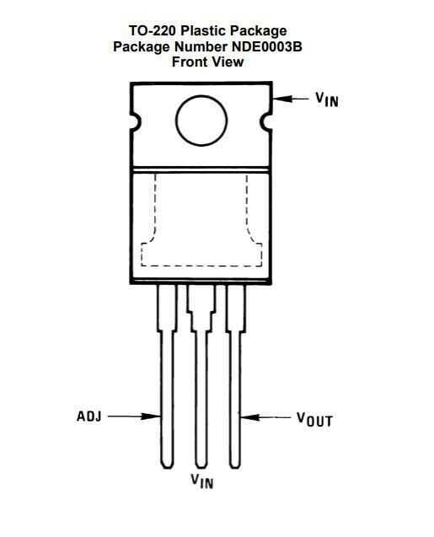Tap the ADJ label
point(89,416)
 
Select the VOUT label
point(314,419)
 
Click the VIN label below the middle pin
point(202,481)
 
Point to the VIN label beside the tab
point(327,99)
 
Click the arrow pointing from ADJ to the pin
point(134,416)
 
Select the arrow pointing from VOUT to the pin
point(265,417)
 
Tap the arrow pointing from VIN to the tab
point(291,99)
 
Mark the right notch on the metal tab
point(266,122)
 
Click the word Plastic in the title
point(203,31)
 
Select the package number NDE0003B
point(267,46)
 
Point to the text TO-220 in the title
point(153,31)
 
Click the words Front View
point(208,62)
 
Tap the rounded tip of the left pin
point(167,465)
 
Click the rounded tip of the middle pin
point(201,465)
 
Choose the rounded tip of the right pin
point(235,465)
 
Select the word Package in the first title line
point(258,31)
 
